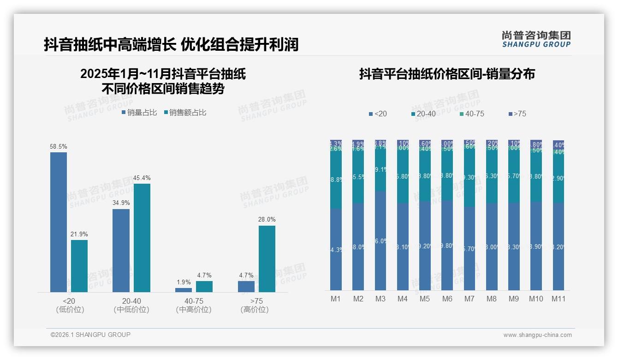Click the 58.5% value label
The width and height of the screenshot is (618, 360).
[x=59, y=146]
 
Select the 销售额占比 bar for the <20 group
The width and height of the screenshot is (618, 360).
[x=79, y=266]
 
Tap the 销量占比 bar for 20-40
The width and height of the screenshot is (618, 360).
[x=121, y=251]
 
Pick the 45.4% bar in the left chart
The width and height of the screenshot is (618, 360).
[x=142, y=238]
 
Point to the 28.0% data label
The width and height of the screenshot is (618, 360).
[x=267, y=219]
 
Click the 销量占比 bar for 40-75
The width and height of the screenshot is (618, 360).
[x=184, y=290]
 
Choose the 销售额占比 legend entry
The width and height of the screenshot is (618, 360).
[x=185, y=113]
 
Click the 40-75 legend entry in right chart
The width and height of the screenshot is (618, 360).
[x=472, y=114]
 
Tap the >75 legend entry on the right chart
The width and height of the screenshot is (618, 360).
[x=517, y=114]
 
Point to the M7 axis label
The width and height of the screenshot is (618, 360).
[x=469, y=299]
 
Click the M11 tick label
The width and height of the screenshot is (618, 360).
[x=559, y=299]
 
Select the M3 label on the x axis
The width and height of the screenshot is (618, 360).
[x=380, y=299]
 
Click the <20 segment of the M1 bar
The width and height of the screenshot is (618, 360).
[x=336, y=249]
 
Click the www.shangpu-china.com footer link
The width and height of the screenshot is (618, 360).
[x=537, y=335]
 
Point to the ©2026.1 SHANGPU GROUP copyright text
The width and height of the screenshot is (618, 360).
[x=90, y=335]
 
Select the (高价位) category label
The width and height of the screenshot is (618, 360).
[x=254, y=310]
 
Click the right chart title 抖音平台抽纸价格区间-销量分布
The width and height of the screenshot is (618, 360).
[x=447, y=74]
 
